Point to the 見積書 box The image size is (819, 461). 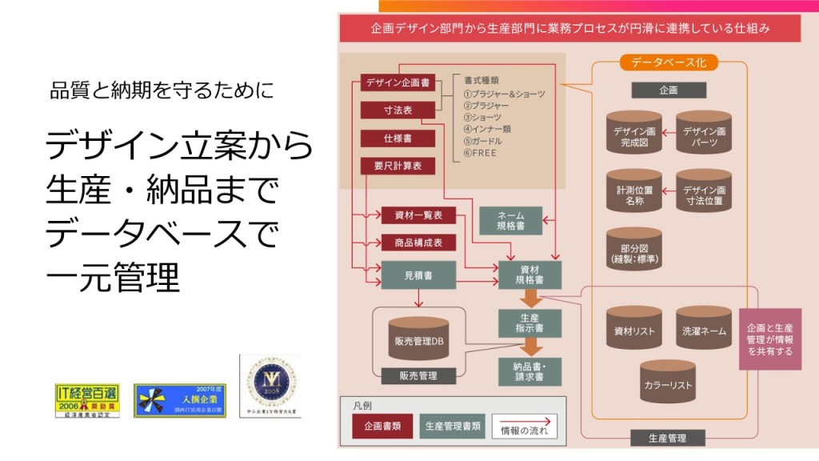[x=418, y=275]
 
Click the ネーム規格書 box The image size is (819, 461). [x=510, y=220]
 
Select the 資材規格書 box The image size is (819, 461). [x=530, y=275]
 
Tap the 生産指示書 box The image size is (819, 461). [x=530, y=323]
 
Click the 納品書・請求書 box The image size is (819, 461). [x=530, y=371]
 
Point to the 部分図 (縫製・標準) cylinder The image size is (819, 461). [x=634, y=250]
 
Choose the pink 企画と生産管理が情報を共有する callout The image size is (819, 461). [x=769, y=339]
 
